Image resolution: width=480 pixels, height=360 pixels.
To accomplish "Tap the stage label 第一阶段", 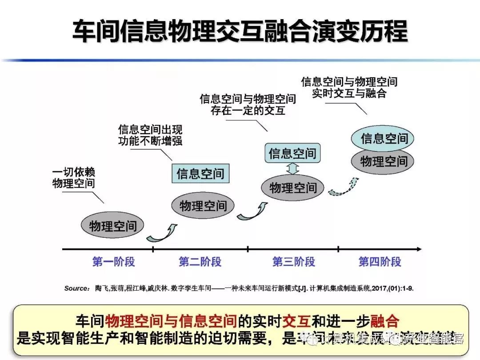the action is coord(113,261).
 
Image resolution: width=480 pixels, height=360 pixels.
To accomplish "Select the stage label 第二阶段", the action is coord(200,261).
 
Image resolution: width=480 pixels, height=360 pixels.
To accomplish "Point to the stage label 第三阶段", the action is coord(293,261).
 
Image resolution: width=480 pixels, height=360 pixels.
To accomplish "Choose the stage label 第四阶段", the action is coord(380,261).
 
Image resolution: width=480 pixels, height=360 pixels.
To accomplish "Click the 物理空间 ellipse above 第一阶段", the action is coord(113,225).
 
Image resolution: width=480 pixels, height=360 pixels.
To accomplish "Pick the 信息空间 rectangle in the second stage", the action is coord(200,173).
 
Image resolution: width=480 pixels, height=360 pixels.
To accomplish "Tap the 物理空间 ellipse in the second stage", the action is coord(203,205).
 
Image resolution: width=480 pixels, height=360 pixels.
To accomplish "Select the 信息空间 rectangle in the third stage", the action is coord(292,153).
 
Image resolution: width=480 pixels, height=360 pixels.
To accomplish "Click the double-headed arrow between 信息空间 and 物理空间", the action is coord(292,169).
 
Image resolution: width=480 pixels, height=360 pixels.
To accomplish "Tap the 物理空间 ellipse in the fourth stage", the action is coord(383,161).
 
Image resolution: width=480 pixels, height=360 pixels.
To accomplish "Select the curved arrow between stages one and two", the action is coord(162,232).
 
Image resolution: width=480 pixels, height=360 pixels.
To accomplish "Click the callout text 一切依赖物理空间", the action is coord(74,178).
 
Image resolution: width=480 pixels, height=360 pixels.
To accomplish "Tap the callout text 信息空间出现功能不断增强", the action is coord(150,135).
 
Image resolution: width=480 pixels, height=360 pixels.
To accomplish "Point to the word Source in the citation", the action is coord(76,288).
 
